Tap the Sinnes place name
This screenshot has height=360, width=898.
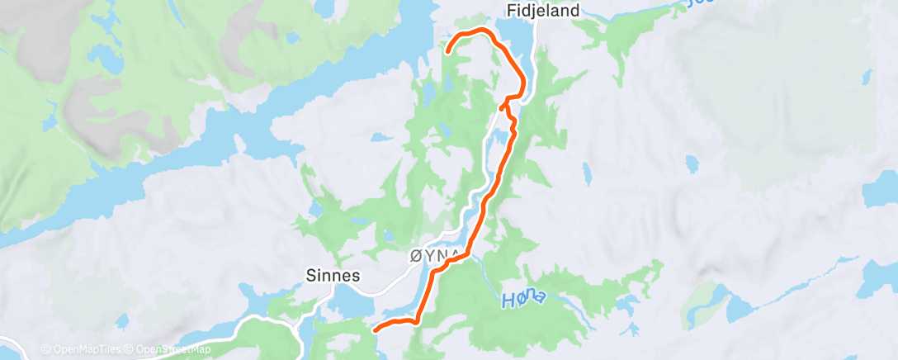pyautogui.click(x=333, y=276)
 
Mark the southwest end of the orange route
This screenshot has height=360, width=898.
pyautogui.click(x=376, y=329)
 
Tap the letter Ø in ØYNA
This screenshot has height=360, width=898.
pyautogui.click(x=415, y=256)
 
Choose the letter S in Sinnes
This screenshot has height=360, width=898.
pyautogui.click(x=311, y=276)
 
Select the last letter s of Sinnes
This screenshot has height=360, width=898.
pyautogui.click(x=356, y=276)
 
